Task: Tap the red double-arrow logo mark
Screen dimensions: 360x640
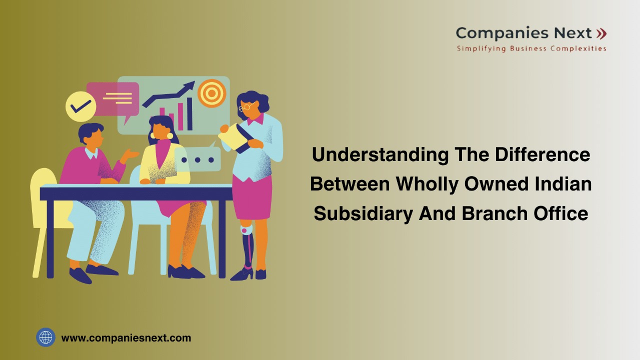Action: click(x=601, y=33)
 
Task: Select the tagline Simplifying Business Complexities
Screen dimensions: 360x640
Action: click(x=531, y=48)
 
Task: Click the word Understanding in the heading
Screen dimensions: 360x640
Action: click(x=380, y=155)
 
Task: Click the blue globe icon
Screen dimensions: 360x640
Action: click(x=45, y=337)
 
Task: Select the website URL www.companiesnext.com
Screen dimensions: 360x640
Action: click(x=126, y=338)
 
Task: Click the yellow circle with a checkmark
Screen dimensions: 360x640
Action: click(x=80, y=106)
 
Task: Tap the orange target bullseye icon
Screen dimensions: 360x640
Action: click(x=211, y=93)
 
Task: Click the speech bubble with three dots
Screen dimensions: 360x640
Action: click(x=198, y=160)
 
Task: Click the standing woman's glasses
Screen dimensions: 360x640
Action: click(x=246, y=106)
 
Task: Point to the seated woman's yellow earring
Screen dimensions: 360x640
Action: click(x=169, y=135)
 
